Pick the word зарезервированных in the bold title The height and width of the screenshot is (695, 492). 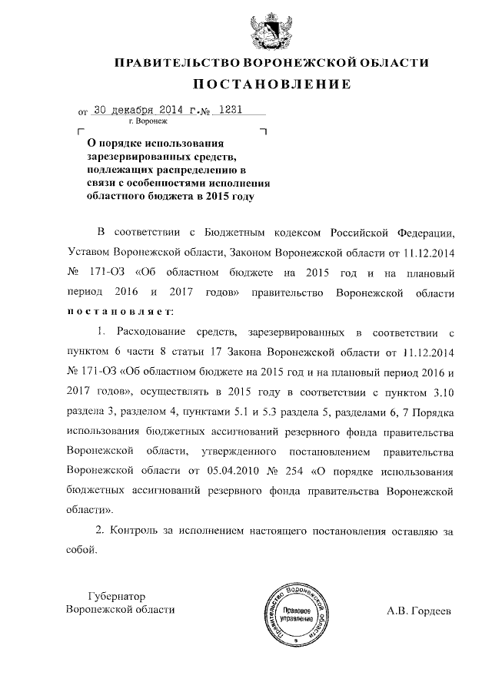point(133,156)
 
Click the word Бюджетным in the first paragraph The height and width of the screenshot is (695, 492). point(234,231)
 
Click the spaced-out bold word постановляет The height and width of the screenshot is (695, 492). point(121,313)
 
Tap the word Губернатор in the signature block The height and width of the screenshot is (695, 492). point(117,595)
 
